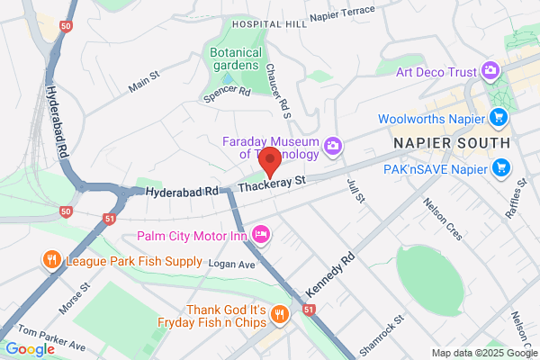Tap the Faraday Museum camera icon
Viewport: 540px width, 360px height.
(333, 145)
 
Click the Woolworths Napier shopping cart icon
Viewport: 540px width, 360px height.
(498, 117)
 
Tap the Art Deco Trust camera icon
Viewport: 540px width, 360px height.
(490, 68)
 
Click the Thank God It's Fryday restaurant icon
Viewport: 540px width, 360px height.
(280, 314)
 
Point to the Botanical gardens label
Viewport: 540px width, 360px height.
(236, 59)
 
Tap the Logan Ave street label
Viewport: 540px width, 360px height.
(232, 265)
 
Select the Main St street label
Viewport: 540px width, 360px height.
(144, 82)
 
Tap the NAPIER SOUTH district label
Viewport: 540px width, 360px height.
(452, 142)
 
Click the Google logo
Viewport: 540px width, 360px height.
(30, 349)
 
